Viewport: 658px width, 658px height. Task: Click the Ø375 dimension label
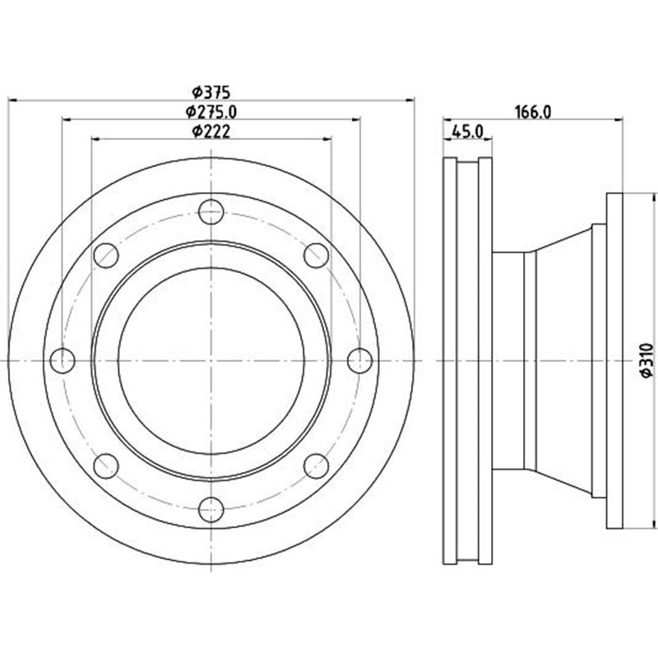pyautogui.click(x=211, y=92)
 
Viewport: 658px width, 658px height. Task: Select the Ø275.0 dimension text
pyautogui.click(x=211, y=111)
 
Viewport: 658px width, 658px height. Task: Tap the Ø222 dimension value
pyautogui.click(x=211, y=131)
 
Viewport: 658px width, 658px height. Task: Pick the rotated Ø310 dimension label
pyautogui.click(x=645, y=360)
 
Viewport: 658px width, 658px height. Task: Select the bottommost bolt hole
pyautogui.click(x=211, y=509)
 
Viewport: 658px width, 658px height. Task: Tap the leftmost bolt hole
pyautogui.click(x=63, y=360)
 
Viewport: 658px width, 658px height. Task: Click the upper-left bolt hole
pyautogui.click(x=106, y=255)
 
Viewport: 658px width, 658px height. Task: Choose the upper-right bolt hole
pyautogui.click(x=317, y=255)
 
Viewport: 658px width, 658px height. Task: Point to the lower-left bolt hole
pyautogui.click(x=106, y=466)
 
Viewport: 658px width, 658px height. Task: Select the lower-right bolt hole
pyautogui.click(x=317, y=466)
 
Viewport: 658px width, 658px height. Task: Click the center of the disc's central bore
pyautogui.click(x=211, y=360)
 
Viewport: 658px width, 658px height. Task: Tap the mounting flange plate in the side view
pyautogui.click(x=614, y=360)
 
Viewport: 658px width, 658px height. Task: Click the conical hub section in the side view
pyautogui.click(x=563, y=360)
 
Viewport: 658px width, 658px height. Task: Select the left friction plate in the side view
pyautogui.click(x=449, y=360)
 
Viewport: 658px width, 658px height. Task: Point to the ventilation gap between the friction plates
pyautogui.click(x=467, y=360)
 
